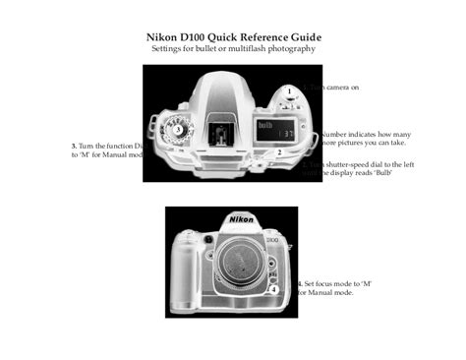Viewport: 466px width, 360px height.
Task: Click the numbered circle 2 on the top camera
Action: [x=279, y=152]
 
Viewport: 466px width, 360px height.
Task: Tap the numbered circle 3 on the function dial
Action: [x=177, y=129]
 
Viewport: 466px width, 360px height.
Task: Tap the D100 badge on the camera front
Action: [x=272, y=239]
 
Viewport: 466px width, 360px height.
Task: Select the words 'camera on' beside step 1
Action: [x=339, y=88]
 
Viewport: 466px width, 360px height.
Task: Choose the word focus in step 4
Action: [x=327, y=283]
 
